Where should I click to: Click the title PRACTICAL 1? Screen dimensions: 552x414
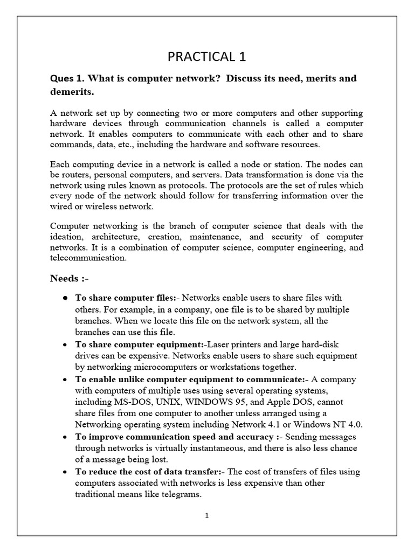coord(207,57)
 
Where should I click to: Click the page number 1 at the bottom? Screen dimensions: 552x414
coord(206,515)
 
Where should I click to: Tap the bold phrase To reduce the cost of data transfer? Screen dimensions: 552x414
coord(144,472)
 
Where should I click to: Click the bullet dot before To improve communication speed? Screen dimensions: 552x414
coord(65,436)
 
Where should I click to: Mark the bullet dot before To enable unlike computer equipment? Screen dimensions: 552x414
coord(65,379)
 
